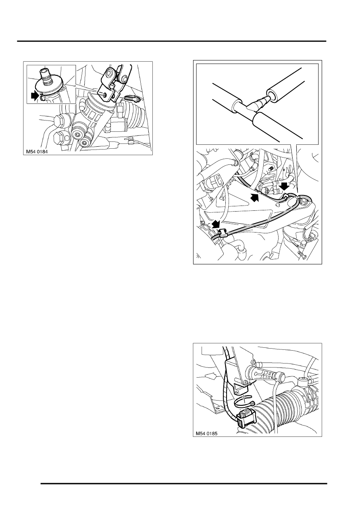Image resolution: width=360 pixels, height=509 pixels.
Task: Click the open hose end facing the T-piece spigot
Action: [x=271, y=95]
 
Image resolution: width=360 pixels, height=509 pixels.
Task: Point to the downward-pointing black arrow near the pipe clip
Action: [x=285, y=186]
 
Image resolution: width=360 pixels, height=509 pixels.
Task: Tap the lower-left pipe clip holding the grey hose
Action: [x=222, y=233]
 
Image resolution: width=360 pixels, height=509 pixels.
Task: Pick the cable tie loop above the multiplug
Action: [x=243, y=405]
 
